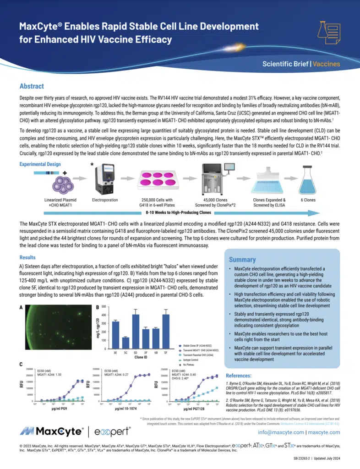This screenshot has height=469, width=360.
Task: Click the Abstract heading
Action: tap(32, 86)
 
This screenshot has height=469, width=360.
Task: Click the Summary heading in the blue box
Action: tap(242, 259)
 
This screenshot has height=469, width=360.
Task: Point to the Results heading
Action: tap(28, 258)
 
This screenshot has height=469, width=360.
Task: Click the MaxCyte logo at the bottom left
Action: tap(51, 431)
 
